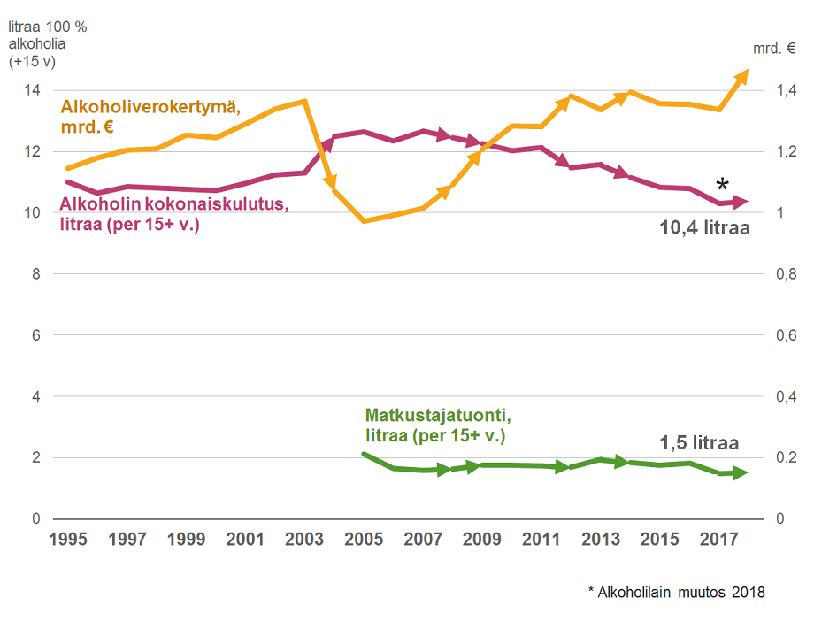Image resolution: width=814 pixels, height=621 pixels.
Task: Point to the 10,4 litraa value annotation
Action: [704, 228]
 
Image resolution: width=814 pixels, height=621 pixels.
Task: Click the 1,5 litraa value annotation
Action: [699, 444]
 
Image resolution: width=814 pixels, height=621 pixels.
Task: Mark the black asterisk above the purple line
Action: [723, 185]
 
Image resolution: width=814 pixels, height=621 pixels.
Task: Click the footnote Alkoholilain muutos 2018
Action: [676, 593]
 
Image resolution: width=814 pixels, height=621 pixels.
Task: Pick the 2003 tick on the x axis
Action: [304, 538]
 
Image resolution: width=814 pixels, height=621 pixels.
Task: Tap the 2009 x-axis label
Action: [481, 538]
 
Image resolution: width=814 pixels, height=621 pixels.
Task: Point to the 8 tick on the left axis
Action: [36, 274]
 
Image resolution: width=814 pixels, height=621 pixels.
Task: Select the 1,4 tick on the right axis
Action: [787, 90]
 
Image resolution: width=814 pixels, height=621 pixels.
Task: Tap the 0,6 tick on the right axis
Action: [787, 335]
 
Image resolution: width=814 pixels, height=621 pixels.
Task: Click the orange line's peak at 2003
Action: [304, 101]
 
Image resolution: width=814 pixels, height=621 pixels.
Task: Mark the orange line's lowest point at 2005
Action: [364, 220]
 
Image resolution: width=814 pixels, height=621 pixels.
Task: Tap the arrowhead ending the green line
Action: [740, 472]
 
